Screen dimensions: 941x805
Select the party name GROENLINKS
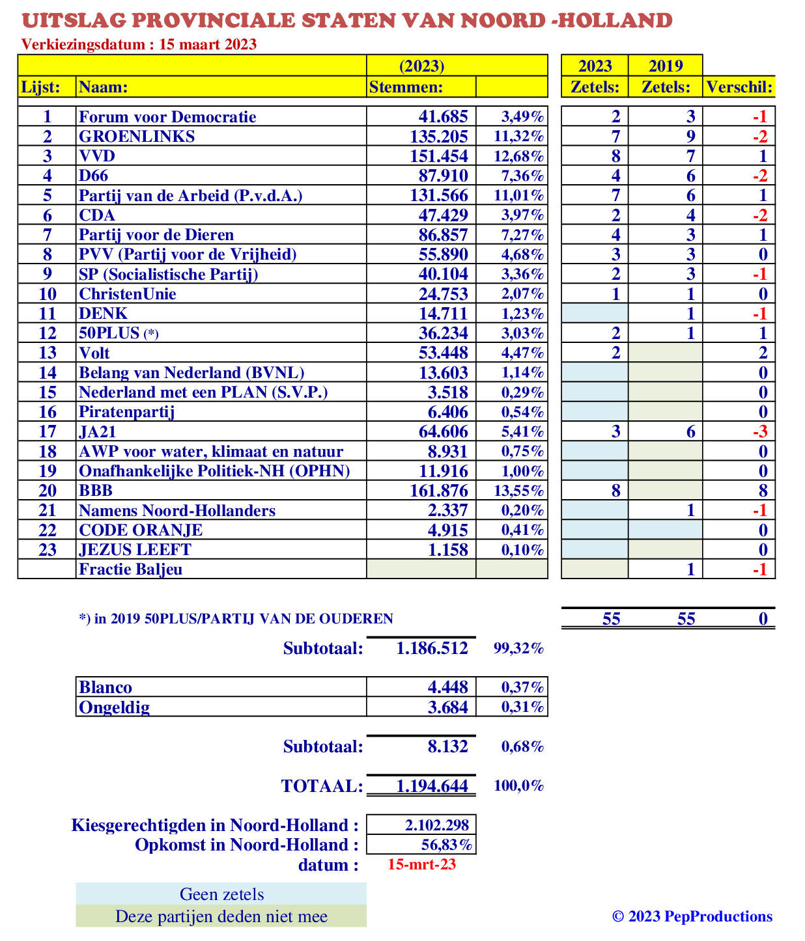pos(137,137)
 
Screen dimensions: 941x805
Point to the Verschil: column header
pos(739,87)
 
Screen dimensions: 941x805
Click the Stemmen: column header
pos(406,87)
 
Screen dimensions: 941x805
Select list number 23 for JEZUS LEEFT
pos(48,550)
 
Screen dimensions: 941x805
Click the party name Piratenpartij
pos(127,412)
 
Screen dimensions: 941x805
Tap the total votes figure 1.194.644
pos(432,786)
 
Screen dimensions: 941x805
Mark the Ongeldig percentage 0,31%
pos(522,707)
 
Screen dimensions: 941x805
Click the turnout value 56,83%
pos(447,845)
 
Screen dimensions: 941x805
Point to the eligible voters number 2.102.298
pos(436,825)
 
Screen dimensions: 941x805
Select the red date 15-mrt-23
pos(421,865)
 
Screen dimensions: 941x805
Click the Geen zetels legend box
pos(221,894)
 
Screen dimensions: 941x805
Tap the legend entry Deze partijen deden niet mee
pos(221,916)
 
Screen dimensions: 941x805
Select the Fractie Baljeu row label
pos(130,569)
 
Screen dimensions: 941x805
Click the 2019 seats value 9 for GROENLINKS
pos(690,137)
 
